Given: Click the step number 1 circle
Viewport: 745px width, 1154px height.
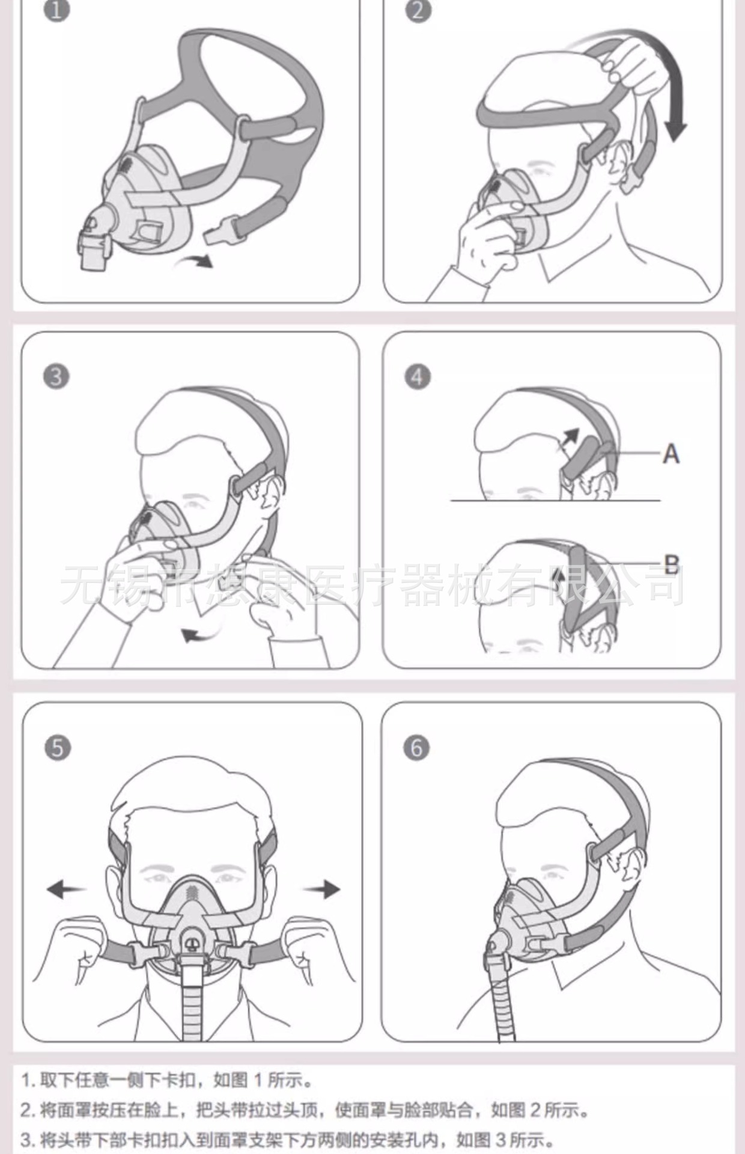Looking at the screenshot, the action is click(56, 10).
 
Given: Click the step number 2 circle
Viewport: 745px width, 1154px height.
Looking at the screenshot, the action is click(418, 10).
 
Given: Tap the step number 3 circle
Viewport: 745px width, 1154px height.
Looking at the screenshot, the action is click(56, 377).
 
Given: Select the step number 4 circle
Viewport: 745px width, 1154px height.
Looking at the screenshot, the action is click(418, 377).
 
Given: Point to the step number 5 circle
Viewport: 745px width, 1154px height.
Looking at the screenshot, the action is click(58, 748).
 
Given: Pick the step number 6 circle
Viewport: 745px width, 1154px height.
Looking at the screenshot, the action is click(417, 748).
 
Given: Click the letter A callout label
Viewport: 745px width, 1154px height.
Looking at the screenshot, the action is click(671, 454).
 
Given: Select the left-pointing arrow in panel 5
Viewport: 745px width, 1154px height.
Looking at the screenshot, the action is click(66, 889).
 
